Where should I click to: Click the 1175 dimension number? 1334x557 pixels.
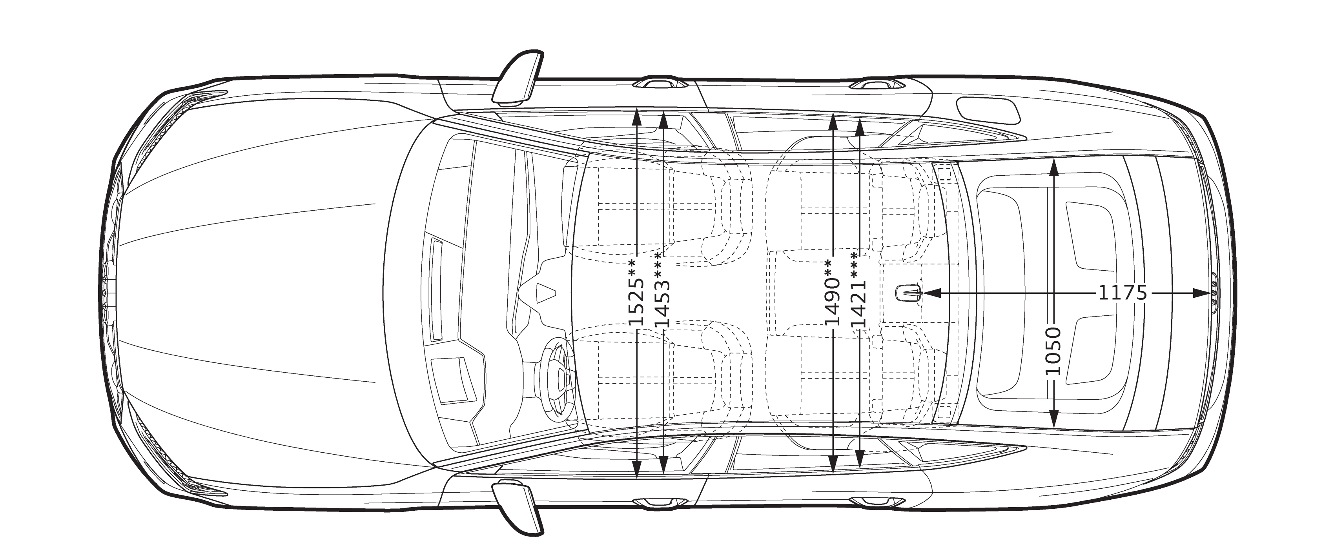click(1123, 293)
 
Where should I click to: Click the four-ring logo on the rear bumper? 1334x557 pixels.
click(1214, 293)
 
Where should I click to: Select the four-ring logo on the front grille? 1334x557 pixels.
click(106, 293)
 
